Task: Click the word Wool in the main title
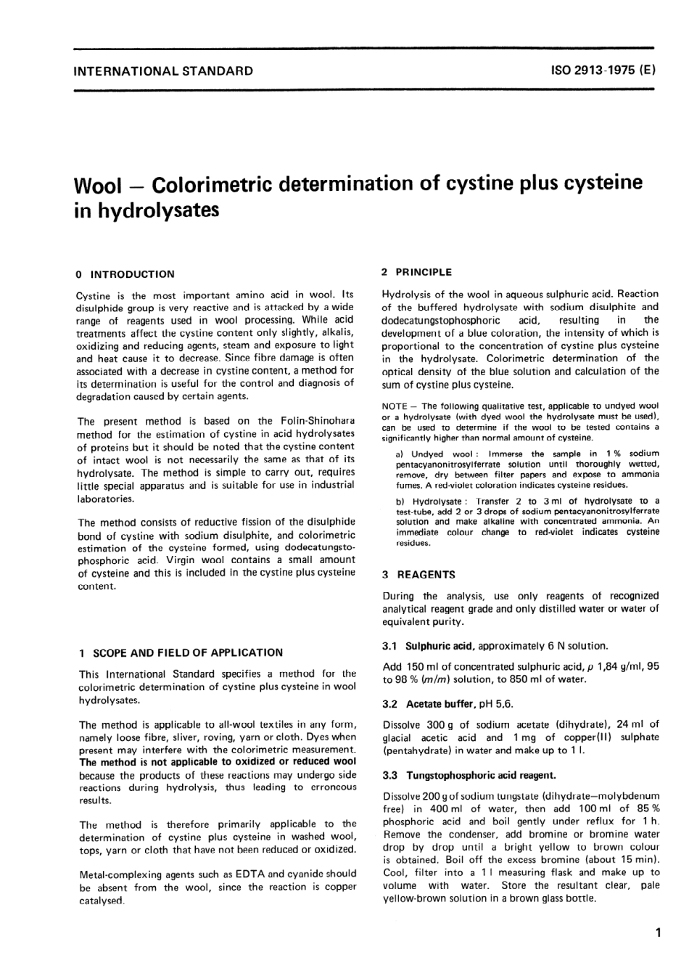click(98, 185)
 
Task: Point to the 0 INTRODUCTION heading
click(125, 274)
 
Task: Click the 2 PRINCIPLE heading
click(416, 272)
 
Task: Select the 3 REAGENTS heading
click(418, 574)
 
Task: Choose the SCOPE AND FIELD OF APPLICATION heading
click(181, 652)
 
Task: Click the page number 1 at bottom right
click(657, 933)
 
